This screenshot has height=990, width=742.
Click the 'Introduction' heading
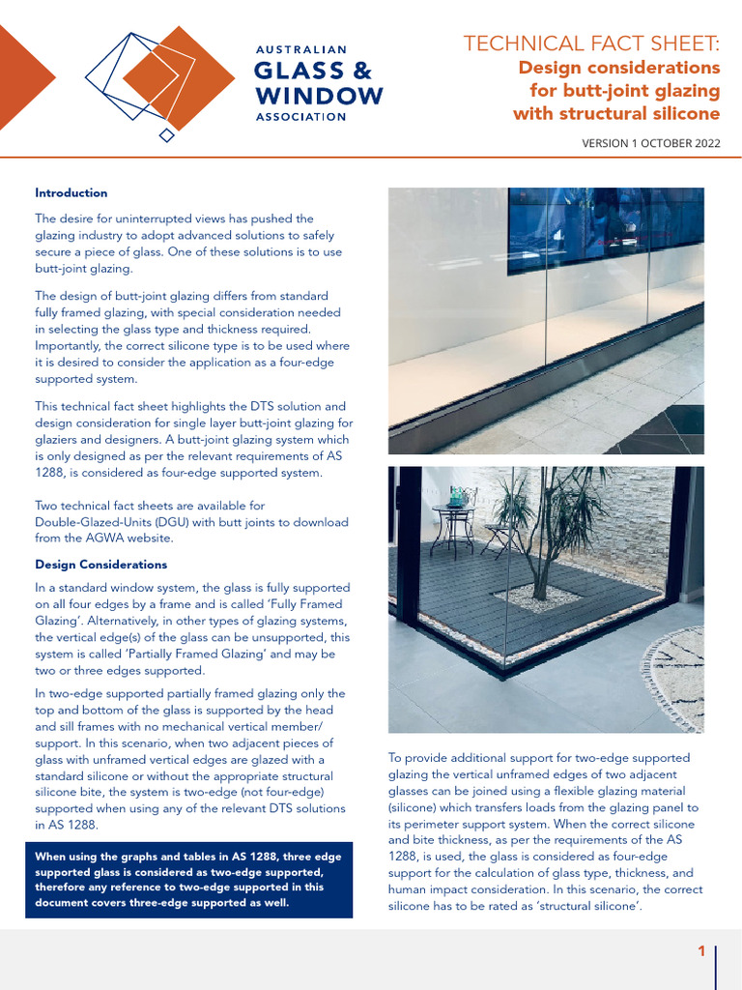pyautogui.click(x=71, y=192)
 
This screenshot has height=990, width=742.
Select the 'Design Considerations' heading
pyautogui.click(x=100, y=564)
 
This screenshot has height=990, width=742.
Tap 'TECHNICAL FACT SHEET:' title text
pyautogui.click(x=591, y=44)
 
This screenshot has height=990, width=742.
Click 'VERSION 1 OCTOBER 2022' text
pyautogui.click(x=650, y=143)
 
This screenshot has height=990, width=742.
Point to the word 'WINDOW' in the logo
pyautogui.click(x=318, y=95)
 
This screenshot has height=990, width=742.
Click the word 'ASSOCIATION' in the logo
pyautogui.click(x=300, y=117)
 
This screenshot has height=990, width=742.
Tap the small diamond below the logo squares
pyautogui.click(x=167, y=134)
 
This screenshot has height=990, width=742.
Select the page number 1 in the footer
pyautogui.click(x=701, y=952)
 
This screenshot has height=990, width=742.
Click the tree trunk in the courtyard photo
pyautogui.click(x=541, y=570)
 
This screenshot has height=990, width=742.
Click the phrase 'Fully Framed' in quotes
pyautogui.click(x=311, y=604)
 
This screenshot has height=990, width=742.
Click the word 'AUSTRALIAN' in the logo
pyautogui.click(x=300, y=47)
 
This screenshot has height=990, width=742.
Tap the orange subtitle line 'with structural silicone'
pyautogui.click(x=616, y=114)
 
